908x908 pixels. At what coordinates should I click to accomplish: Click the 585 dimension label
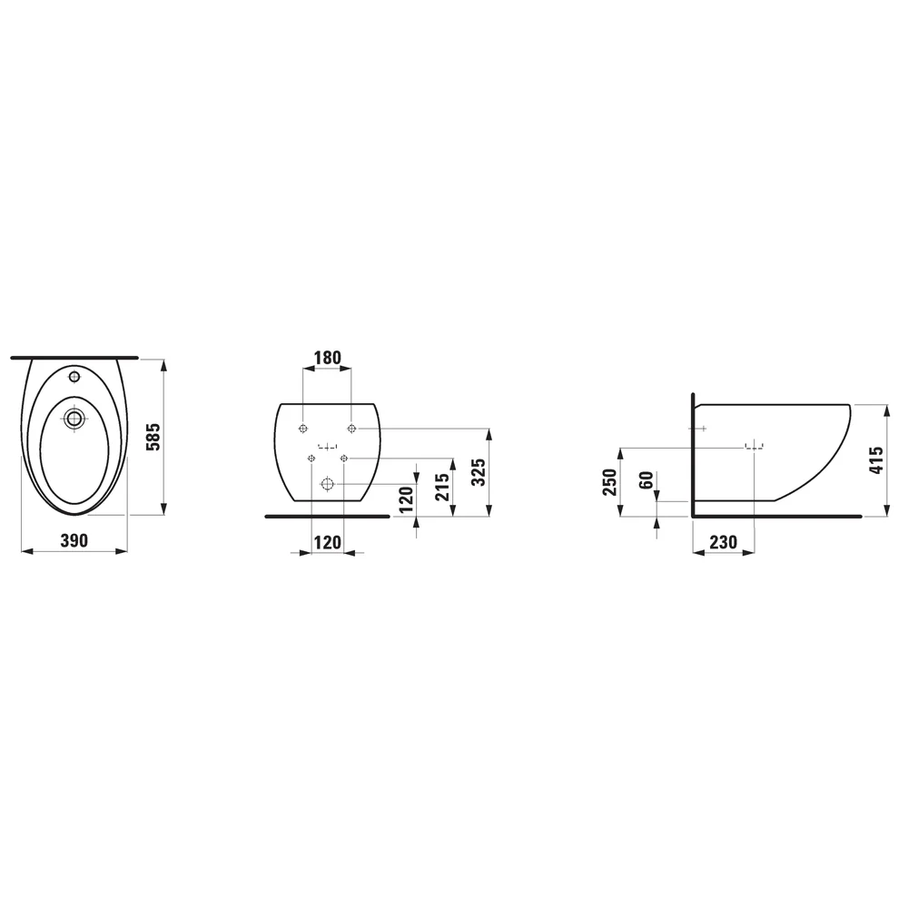pyautogui.click(x=153, y=437)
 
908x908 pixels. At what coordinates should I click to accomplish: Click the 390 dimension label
pyautogui.click(x=74, y=541)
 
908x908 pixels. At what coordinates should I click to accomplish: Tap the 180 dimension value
pyautogui.click(x=328, y=358)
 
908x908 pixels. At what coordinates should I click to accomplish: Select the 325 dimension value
pyautogui.click(x=479, y=472)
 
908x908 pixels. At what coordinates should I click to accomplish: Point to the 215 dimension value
pyautogui.click(x=442, y=487)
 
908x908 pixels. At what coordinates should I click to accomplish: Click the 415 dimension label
pyautogui.click(x=877, y=460)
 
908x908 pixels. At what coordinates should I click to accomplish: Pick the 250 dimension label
pyautogui.click(x=610, y=482)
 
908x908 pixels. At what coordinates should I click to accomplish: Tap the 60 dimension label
pyautogui.click(x=646, y=480)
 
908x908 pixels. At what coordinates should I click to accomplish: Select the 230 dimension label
pyautogui.click(x=724, y=543)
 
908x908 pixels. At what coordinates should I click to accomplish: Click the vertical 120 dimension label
pyautogui.click(x=407, y=499)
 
